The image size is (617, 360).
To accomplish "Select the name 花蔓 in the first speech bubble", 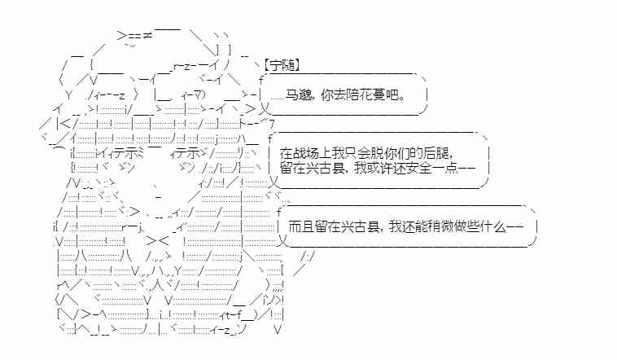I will pos(377,96).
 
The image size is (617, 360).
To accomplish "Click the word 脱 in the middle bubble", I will pos(376,152).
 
